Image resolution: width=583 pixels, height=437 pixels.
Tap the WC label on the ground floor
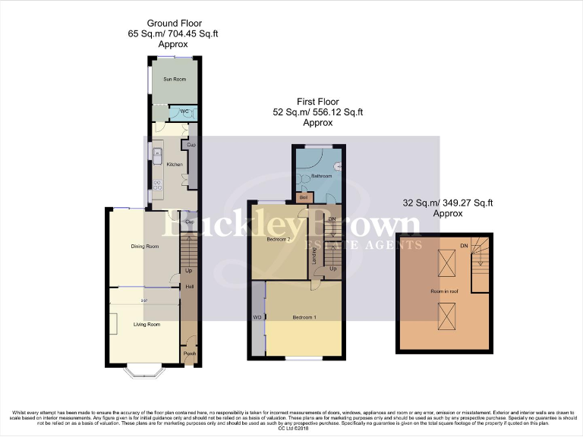184,112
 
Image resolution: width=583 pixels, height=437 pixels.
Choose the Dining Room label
145,246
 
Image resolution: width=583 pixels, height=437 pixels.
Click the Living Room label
147,325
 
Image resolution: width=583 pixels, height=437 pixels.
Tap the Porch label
190,353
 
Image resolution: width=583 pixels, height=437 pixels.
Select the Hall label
190,287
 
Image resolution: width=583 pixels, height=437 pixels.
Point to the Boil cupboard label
303,197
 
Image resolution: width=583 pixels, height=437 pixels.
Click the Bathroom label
323,177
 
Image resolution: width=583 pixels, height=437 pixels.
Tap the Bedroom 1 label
304,316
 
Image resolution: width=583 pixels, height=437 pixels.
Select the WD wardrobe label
257,317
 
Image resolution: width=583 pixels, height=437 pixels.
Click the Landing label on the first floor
317,258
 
